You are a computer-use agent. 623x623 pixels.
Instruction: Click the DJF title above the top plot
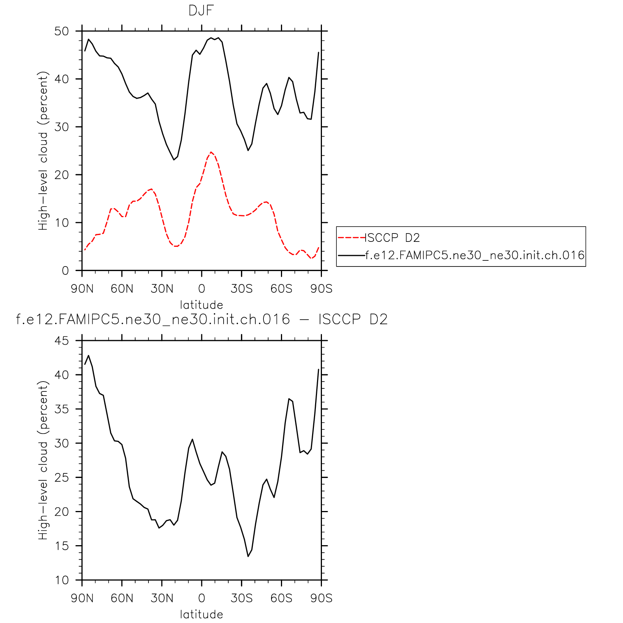point(201,11)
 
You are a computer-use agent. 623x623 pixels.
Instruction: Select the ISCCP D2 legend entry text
point(393,238)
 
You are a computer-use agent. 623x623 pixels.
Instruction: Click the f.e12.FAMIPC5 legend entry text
point(475,255)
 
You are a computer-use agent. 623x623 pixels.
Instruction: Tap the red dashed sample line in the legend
point(351,238)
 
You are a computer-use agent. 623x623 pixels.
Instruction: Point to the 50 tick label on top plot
point(62,31)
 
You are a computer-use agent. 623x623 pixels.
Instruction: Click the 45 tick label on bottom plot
point(62,341)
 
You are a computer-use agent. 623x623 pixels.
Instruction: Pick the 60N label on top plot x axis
point(122,289)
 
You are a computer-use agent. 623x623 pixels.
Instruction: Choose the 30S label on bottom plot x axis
point(241,599)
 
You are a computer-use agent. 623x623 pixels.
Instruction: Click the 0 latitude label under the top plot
point(202,289)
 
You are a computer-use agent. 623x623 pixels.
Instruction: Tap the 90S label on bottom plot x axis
point(321,599)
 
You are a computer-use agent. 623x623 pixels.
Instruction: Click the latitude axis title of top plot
point(201,305)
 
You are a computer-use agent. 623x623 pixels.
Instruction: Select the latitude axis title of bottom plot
point(201,615)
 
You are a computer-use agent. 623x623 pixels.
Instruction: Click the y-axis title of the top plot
point(44,151)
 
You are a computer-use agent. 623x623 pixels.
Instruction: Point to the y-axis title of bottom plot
point(44,460)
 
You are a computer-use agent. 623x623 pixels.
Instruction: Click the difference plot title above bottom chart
point(202,319)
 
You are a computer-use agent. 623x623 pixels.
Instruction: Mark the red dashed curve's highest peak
point(211,152)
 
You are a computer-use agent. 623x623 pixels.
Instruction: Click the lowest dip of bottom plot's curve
point(248,557)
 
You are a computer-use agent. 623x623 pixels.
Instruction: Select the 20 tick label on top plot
point(62,175)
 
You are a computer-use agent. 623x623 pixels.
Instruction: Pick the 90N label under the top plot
point(82,289)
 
